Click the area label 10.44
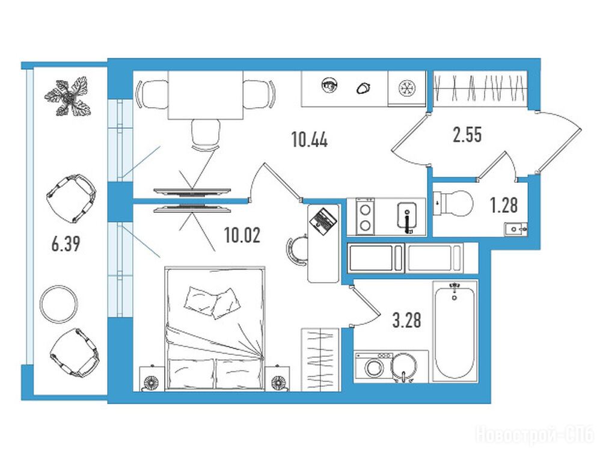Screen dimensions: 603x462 point(310,139)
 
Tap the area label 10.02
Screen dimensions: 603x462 point(242,235)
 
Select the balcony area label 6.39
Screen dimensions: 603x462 point(66,244)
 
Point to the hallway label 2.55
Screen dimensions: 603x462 point(467,135)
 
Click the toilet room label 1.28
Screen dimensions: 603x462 point(504,205)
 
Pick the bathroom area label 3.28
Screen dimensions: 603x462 point(406,320)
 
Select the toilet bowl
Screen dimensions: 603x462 point(454,203)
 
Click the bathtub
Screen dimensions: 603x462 point(455,331)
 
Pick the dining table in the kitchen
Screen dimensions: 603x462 point(206,95)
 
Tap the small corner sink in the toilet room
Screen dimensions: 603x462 point(515,229)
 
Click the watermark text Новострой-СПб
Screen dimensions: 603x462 point(535,435)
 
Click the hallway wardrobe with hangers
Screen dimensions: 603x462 point(479,88)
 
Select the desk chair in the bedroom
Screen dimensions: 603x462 point(296,250)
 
